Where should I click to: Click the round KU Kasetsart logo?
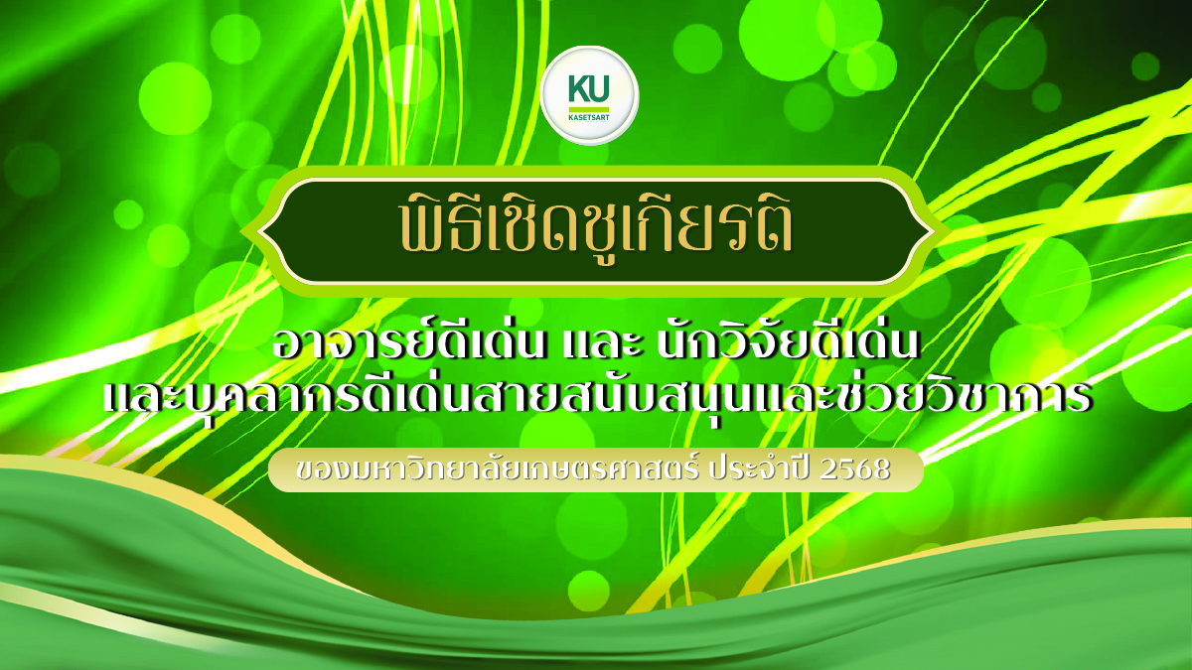[x=592, y=96]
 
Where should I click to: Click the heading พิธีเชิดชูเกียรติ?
[x=594, y=229]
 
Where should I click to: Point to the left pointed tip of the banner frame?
[x=260, y=230]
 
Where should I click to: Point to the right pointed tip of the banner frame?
[x=929, y=230]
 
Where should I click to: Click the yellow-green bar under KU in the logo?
[x=589, y=106]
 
